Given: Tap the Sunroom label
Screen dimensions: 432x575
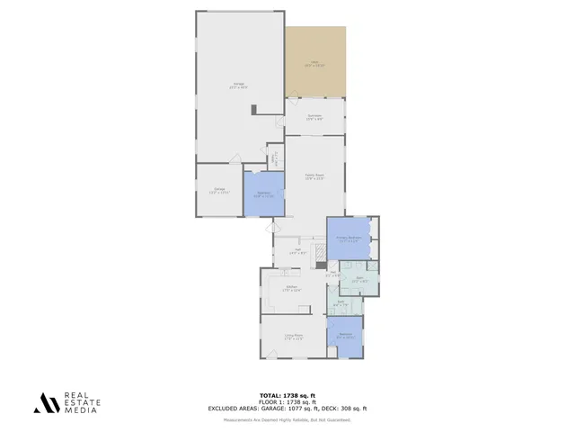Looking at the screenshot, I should point(314,116).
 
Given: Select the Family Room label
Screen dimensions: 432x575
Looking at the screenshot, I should point(314,176).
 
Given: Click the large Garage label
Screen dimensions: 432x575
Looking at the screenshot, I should point(238,85).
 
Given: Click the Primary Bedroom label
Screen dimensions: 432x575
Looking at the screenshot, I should point(348,238).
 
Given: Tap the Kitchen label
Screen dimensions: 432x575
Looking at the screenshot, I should point(291,288).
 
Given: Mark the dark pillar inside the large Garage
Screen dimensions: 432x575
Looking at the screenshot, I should point(254,110).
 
